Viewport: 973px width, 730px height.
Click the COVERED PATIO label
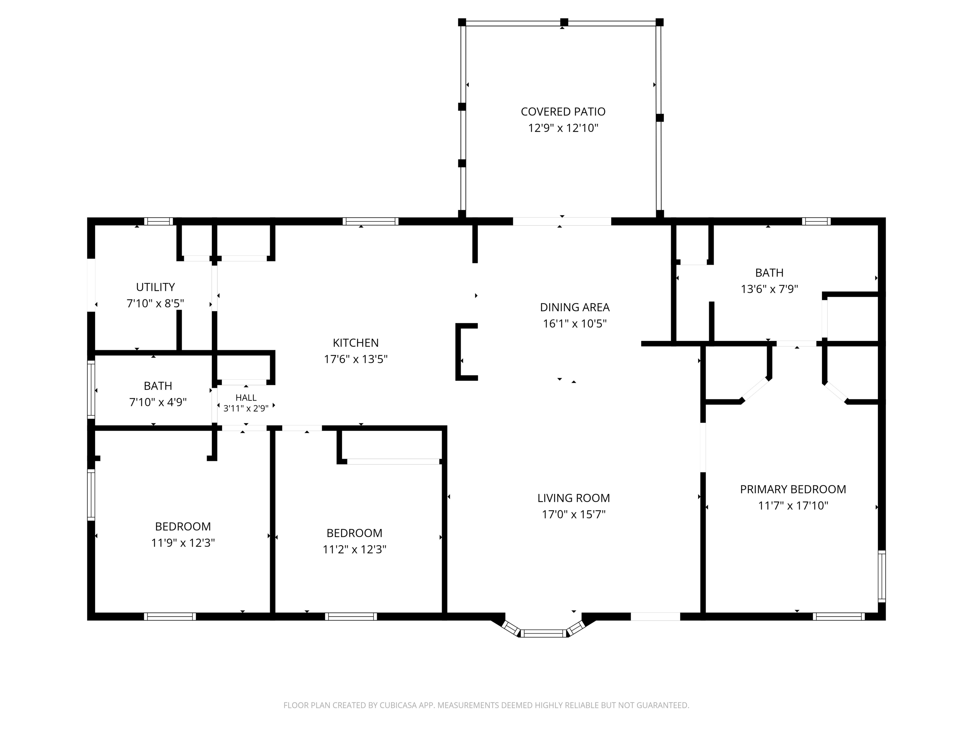pyautogui.click(x=563, y=112)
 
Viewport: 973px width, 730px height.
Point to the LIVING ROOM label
pyautogui.click(x=574, y=498)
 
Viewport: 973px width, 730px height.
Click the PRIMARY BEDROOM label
pyautogui.click(x=793, y=489)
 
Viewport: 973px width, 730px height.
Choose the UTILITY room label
pyautogui.click(x=155, y=287)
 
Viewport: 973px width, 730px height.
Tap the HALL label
pyautogui.click(x=246, y=398)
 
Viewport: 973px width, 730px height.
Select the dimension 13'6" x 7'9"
pyautogui.click(x=769, y=289)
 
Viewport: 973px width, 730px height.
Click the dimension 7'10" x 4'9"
pyautogui.click(x=158, y=402)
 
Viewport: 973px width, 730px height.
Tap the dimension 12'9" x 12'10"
pyautogui.click(x=563, y=128)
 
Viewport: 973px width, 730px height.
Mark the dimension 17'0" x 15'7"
pyautogui.click(x=574, y=514)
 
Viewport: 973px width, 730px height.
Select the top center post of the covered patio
pyautogui.click(x=564, y=22)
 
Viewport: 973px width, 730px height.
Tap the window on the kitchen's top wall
pyautogui.click(x=370, y=221)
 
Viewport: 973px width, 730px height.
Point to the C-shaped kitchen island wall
pyautogui.click(x=458, y=352)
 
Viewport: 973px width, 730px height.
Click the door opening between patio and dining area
pyautogui.click(x=562, y=221)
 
